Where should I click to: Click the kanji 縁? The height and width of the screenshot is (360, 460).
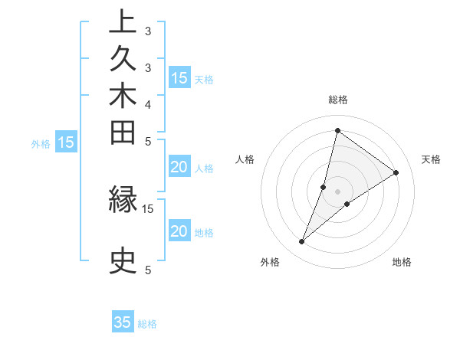tap(123, 200)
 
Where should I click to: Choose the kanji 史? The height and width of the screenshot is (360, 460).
tap(123, 260)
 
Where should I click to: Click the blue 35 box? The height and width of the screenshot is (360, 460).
tap(123, 322)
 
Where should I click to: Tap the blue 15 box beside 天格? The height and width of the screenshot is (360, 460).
tap(179, 77)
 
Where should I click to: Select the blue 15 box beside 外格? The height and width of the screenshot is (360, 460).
tap(66, 142)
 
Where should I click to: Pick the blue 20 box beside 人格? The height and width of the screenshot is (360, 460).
tap(179, 168)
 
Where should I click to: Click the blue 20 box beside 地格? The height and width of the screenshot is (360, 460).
tap(179, 232)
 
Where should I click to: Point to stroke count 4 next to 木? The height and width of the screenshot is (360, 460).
tap(148, 103)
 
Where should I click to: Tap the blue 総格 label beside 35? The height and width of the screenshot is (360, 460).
tap(147, 324)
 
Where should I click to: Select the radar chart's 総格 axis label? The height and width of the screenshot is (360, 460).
tap(337, 100)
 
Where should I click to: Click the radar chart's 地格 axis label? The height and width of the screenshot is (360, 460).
tap(402, 263)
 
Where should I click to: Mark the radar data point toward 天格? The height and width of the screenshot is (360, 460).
tap(396, 172)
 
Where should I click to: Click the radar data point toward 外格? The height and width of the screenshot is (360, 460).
tap(302, 242)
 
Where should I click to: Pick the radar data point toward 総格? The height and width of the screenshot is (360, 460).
tap(337, 130)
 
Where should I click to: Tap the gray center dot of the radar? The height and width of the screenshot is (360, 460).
tap(337, 191)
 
